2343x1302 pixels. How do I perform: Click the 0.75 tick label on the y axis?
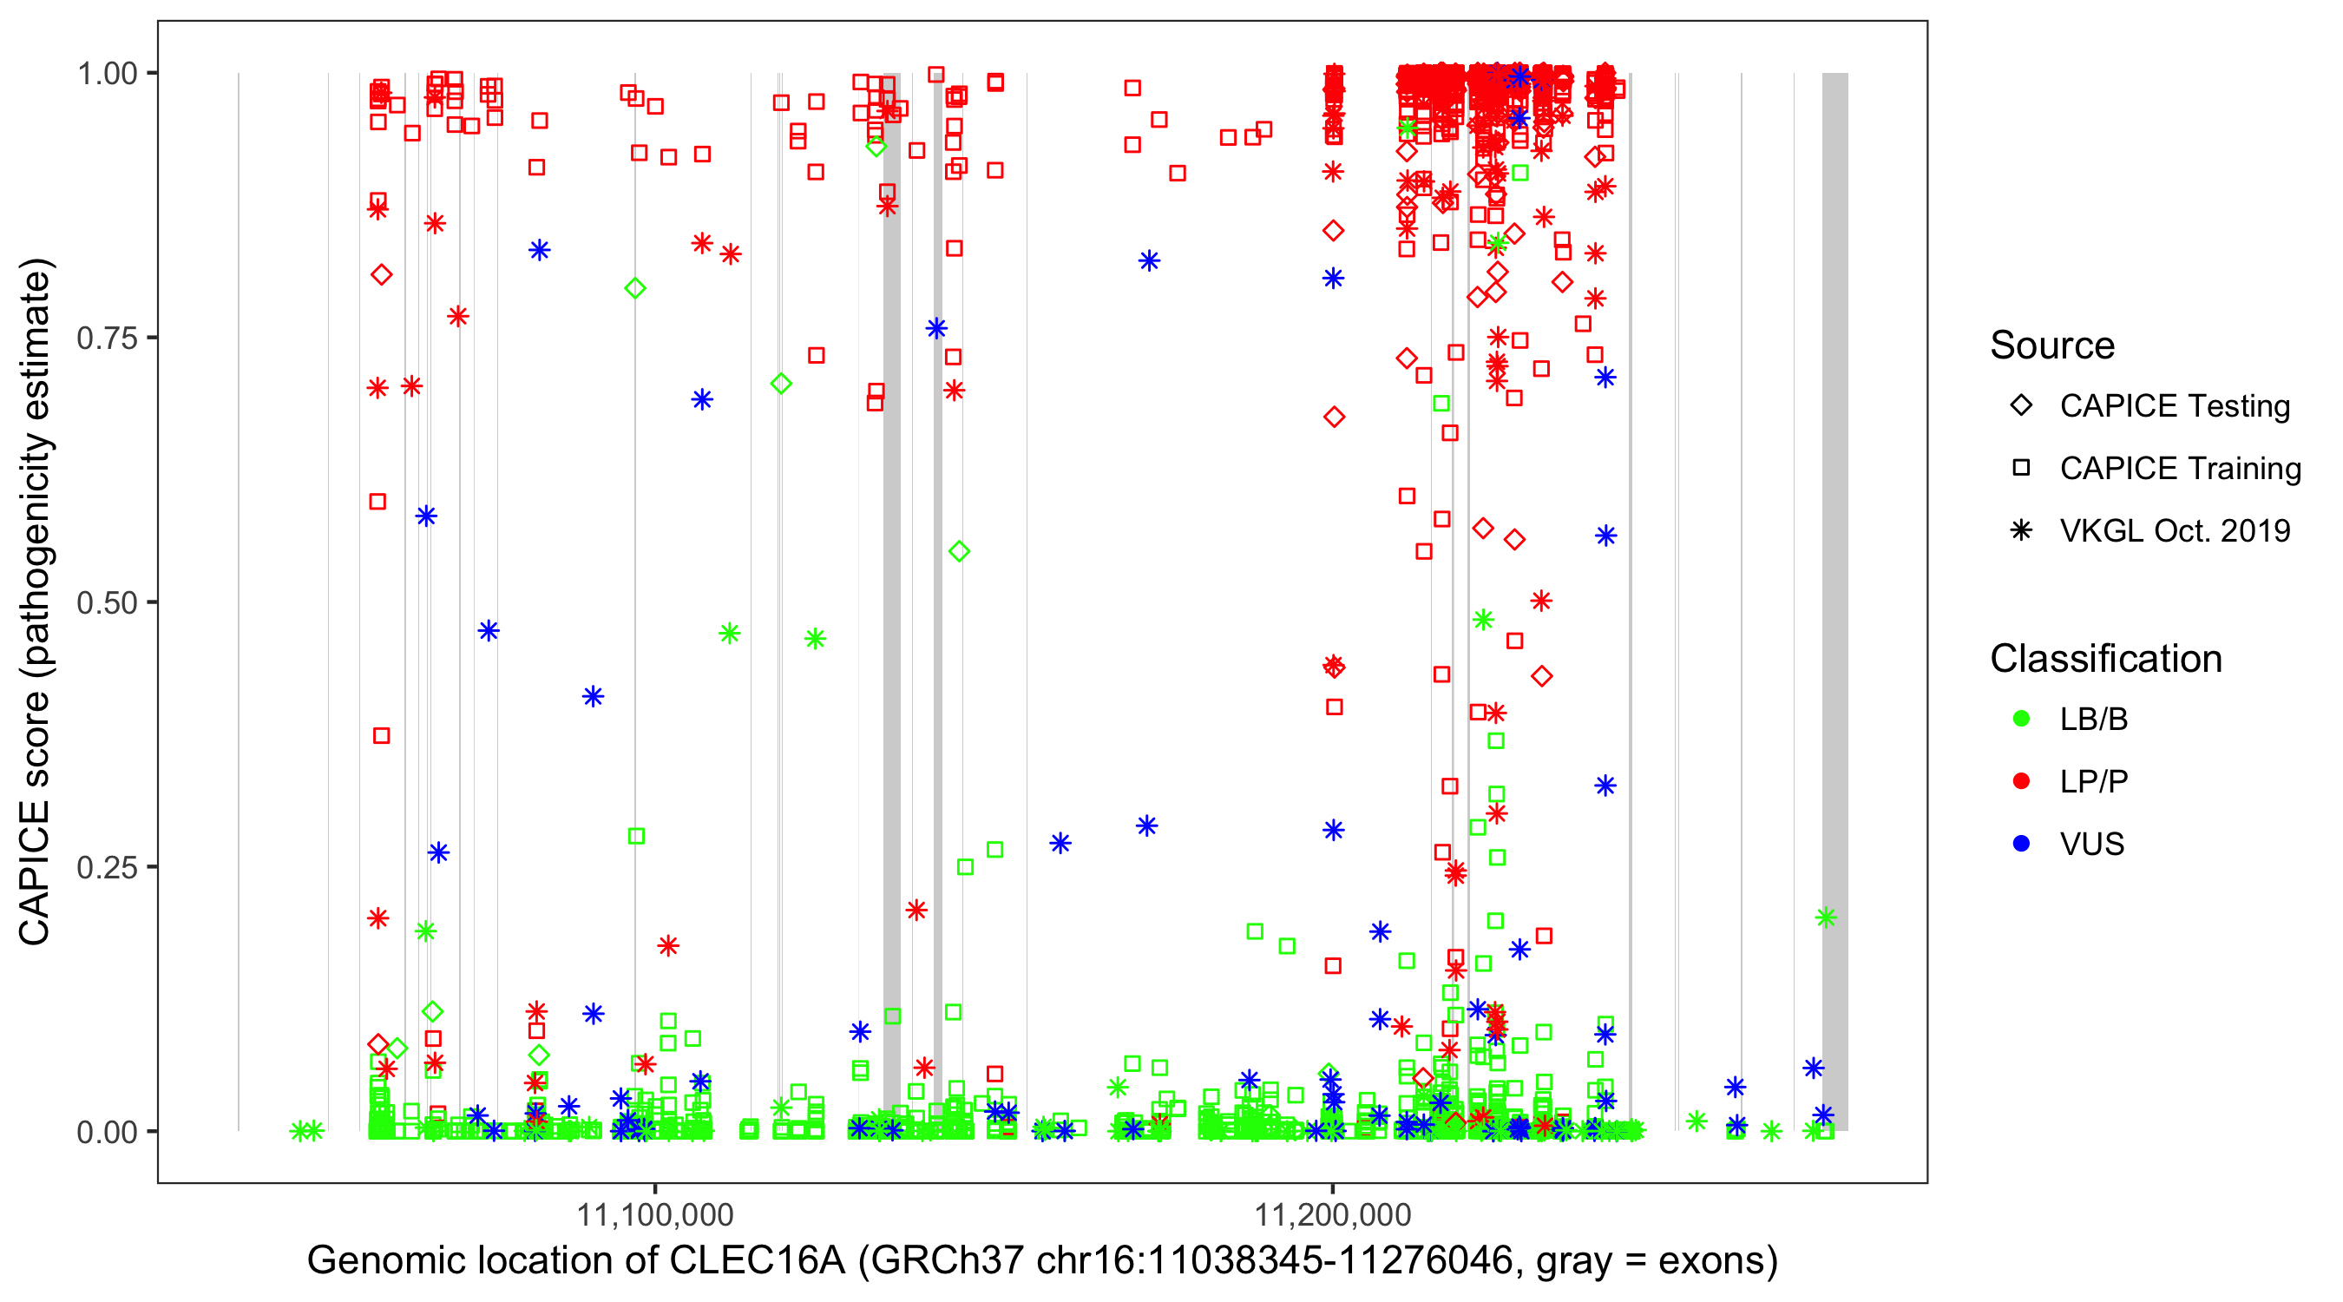(106, 338)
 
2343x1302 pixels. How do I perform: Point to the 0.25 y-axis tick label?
(106, 867)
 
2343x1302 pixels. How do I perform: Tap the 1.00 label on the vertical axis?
(106, 73)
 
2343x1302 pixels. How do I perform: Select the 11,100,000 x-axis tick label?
(655, 1213)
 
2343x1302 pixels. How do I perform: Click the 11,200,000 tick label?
(1333, 1213)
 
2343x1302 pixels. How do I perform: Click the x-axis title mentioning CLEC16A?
(1042, 1260)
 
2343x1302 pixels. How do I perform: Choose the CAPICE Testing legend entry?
(2175, 406)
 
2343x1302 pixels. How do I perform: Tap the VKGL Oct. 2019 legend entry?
(2175, 530)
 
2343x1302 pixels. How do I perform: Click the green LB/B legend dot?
(2022, 719)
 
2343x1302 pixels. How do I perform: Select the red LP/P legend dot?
(2022, 781)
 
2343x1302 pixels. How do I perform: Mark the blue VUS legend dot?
(2022, 844)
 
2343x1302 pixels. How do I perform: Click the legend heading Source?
(2052, 345)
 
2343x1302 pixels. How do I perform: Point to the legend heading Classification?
(2105, 659)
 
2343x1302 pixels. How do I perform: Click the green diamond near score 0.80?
(636, 288)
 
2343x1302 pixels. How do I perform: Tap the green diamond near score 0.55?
(959, 551)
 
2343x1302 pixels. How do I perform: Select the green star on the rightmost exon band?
(1826, 917)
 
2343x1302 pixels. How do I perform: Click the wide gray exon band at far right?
(1834, 546)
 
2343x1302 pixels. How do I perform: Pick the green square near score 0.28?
(637, 836)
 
